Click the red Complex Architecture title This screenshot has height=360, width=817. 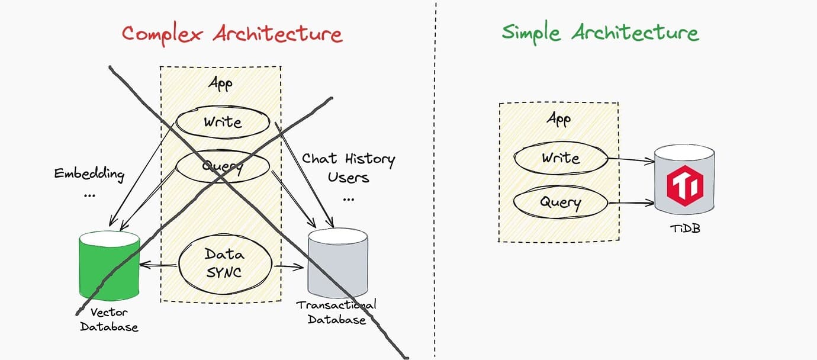click(x=232, y=34)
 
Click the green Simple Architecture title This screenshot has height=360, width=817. click(x=600, y=33)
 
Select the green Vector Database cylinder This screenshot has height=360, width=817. click(x=110, y=265)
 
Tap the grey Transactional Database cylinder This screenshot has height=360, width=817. click(x=337, y=263)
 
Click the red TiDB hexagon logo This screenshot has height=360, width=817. click(x=685, y=186)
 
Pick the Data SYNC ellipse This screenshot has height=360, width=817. click(x=225, y=263)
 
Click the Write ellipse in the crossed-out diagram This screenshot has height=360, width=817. click(x=223, y=122)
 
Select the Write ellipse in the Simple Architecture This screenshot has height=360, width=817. click(x=561, y=158)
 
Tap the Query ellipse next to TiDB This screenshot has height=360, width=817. click(x=561, y=202)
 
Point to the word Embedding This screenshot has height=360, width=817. click(x=89, y=174)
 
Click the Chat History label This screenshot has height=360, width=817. click(x=348, y=159)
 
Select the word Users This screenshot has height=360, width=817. click(x=348, y=178)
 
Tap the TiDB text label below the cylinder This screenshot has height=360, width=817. click(x=686, y=229)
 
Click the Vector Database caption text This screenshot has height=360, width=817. click(x=109, y=320)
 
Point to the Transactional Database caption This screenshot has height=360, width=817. click(x=336, y=312)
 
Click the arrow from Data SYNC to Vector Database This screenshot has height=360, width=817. click(x=159, y=265)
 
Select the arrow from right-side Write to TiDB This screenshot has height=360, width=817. click(x=631, y=159)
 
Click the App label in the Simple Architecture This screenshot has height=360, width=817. click(x=559, y=119)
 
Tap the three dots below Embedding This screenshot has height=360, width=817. click(x=89, y=196)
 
